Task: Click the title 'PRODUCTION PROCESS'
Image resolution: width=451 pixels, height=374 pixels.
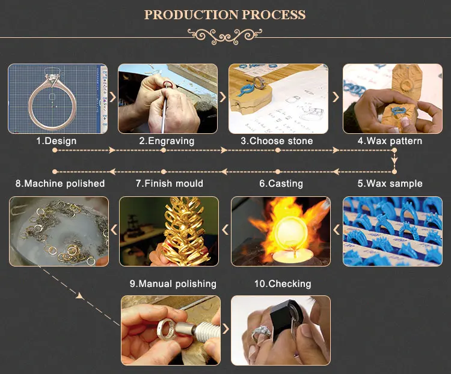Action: tap(226, 14)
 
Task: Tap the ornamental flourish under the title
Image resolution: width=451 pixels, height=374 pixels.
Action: tap(226, 35)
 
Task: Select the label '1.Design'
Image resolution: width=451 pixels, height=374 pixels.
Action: tap(57, 141)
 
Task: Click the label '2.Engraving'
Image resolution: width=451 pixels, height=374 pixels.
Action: tap(167, 141)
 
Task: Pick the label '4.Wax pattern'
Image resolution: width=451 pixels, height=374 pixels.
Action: tap(390, 141)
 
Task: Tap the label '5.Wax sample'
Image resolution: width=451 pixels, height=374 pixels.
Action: tap(390, 183)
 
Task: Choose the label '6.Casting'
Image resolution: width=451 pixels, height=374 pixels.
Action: tap(281, 183)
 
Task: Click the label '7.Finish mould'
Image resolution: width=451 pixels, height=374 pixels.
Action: tap(169, 183)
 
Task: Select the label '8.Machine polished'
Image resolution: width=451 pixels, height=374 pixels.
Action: tap(60, 183)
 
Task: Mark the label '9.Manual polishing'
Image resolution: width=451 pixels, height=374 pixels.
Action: tap(173, 283)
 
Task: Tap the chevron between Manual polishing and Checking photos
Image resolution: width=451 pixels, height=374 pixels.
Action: tap(226, 328)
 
